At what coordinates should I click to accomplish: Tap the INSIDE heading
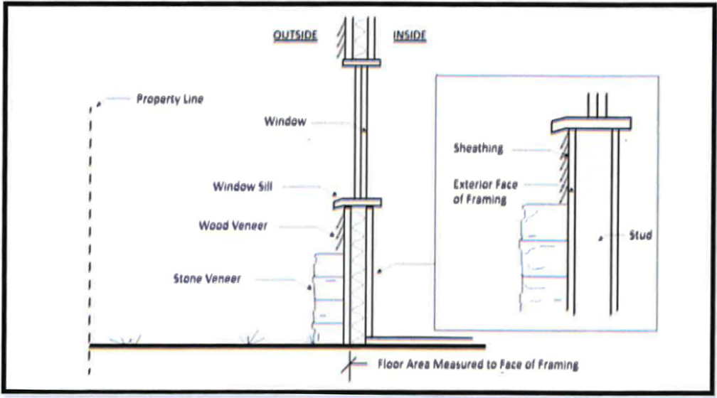pos(409,36)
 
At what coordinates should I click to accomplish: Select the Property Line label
pos(169,99)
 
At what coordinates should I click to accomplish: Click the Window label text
pos(285,122)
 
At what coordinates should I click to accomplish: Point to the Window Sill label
pos(243,187)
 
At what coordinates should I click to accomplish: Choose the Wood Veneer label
pos(233,227)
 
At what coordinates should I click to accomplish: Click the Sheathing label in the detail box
pos(478,149)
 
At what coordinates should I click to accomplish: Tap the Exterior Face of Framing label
pos(486,192)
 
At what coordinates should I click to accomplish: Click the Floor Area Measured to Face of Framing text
pos(478,365)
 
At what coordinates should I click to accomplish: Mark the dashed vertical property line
pos(90,235)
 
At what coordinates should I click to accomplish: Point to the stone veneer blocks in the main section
pos(328,298)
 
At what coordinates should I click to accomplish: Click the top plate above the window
pos(363,64)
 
